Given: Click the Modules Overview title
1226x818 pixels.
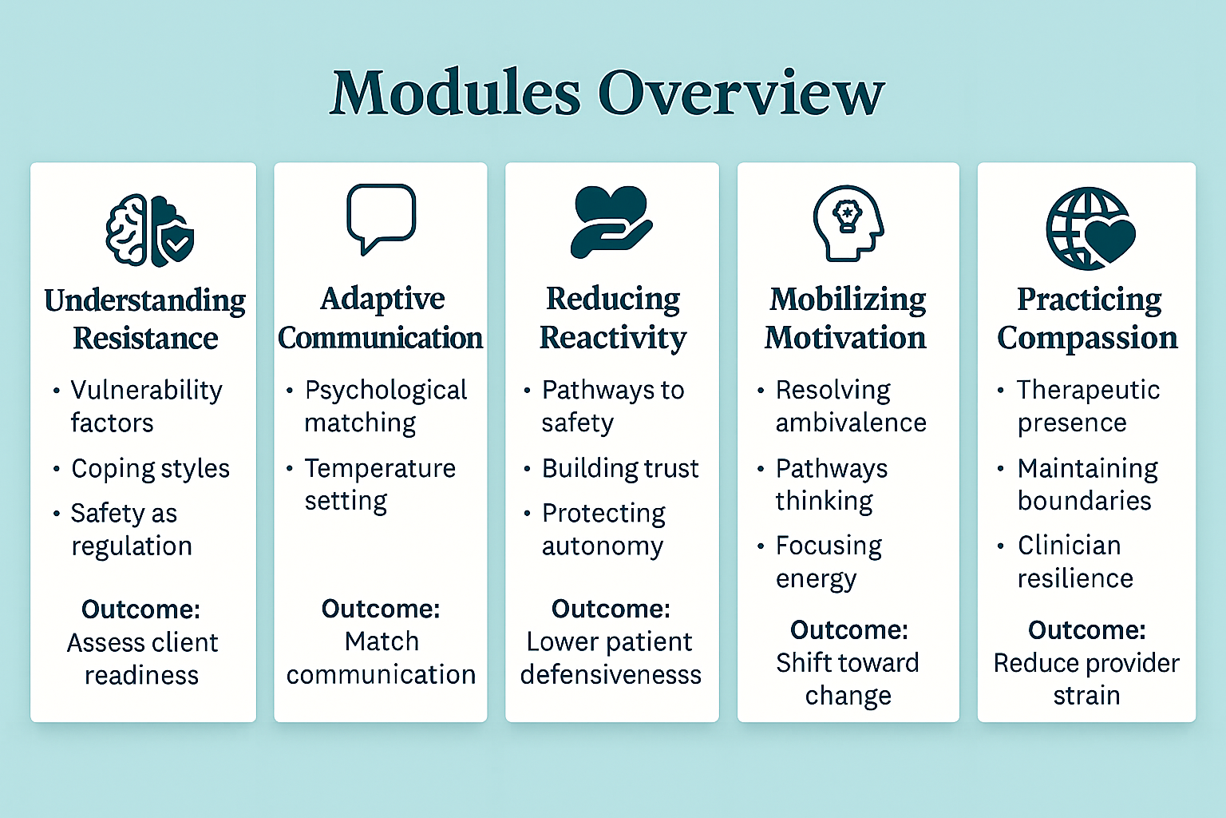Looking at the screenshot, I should (607, 93).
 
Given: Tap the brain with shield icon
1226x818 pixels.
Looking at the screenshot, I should (150, 230).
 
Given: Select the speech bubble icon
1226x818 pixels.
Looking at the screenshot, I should (381, 217).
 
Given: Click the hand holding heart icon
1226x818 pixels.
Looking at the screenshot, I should (611, 222).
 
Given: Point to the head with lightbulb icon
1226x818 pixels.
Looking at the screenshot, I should (848, 224).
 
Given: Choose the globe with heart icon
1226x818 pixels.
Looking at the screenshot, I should (1090, 228).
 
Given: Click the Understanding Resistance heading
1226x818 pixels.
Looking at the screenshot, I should (144, 320).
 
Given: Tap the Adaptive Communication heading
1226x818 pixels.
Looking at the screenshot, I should (381, 318).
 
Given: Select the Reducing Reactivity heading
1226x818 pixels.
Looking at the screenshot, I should (612, 318).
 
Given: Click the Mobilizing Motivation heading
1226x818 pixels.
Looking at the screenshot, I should (847, 318).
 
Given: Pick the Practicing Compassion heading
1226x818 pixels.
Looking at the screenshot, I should (1087, 318).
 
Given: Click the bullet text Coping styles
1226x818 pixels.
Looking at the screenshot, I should (150, 468).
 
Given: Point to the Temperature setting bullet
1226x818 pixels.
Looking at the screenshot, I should (379, 484).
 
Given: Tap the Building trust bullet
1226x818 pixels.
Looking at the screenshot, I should (620, 468).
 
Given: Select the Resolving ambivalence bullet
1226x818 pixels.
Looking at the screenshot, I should (850, 406).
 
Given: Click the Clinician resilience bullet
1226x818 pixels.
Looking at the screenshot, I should (1074, 562).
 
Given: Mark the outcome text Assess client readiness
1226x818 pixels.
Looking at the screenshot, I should (142, 659).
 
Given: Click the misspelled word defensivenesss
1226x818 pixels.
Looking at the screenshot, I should (611, 675).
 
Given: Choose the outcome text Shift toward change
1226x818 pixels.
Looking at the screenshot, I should (848, 679).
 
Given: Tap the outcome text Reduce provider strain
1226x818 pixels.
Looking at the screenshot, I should (1086, 679).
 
